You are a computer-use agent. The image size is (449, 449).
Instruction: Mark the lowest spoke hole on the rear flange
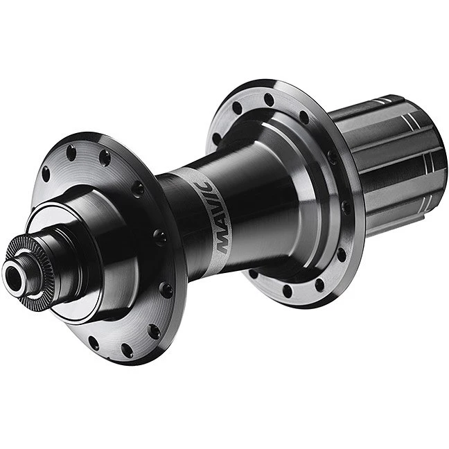pos(288,291)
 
